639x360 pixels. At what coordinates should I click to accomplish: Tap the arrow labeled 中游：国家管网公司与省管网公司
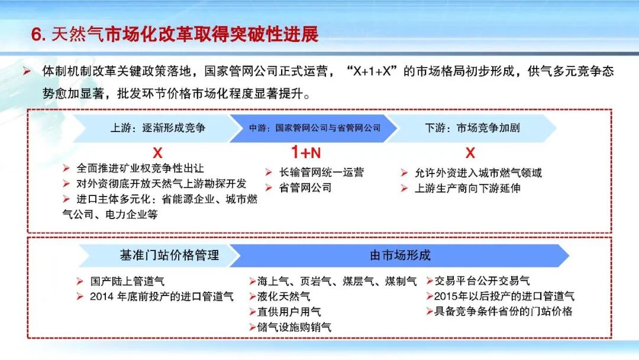(x=314, y=128)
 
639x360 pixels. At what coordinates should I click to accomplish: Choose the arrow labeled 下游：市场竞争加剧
(x=472, y=128)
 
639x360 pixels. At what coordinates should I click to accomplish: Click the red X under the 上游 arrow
(x=157, y=153)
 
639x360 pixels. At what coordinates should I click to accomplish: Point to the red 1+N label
(x=306, y=153)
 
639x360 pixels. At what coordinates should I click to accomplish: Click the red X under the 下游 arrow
(x=470, y=153)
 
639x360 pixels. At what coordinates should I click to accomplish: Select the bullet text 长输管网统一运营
(x=322, y=172)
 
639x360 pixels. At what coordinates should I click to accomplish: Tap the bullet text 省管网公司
(x=305, y=188)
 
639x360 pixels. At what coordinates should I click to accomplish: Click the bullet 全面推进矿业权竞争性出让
(x=140, y=169)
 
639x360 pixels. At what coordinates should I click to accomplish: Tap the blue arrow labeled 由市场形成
(x=400, y=255)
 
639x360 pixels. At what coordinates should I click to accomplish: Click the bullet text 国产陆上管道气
(x=127, y=281)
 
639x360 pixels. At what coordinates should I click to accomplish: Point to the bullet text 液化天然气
(x=283, y=296)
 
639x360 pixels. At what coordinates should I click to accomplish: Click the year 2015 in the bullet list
(x=446, y=296)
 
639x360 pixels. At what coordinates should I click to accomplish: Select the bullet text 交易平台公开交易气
(x=482, y=281)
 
